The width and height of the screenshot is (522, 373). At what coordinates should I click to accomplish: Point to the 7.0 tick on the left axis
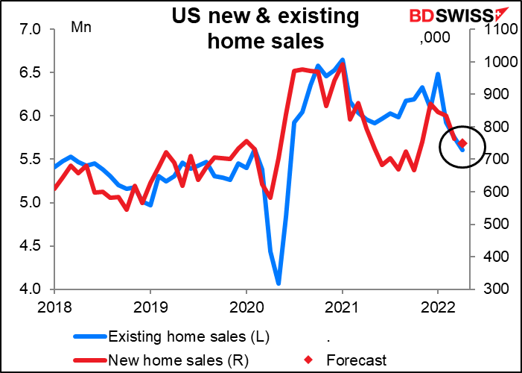[31, 30]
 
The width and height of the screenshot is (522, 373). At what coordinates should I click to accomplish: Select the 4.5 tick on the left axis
[31, 245]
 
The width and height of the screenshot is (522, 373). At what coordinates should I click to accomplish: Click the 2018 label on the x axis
[54, 306]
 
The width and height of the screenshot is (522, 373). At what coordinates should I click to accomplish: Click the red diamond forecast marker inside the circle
[462, 143]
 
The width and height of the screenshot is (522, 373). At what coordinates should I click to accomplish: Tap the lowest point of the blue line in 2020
[278, 283]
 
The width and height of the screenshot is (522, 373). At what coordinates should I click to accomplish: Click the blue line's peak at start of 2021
[342, 59]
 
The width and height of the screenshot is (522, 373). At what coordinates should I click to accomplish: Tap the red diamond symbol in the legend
[316, 360]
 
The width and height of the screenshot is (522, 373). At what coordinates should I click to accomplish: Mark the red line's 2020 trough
[270, 198]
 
